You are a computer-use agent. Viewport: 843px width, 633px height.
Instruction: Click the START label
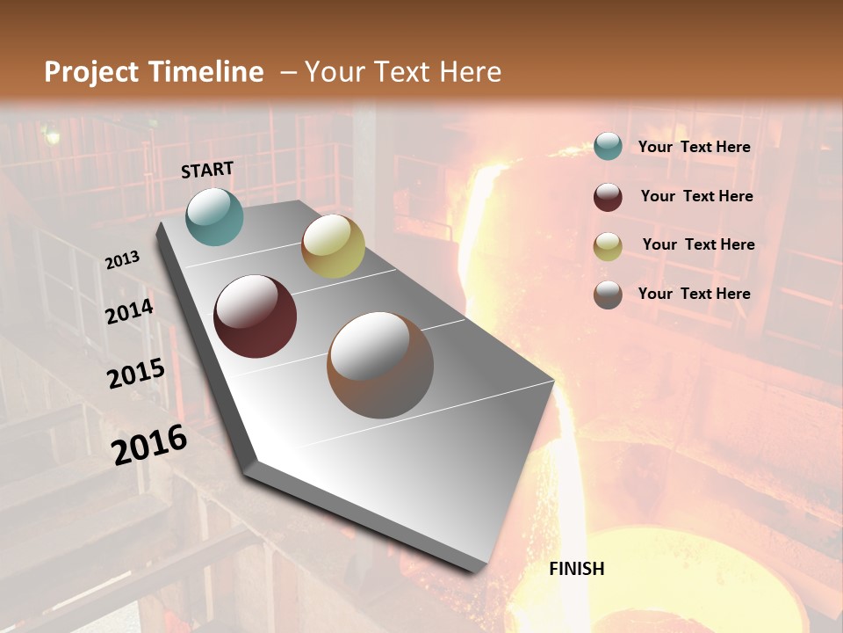pyautogui.click(x=207, y=170)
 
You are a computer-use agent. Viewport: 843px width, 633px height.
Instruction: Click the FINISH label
pyautogui.click(x=576, y=569)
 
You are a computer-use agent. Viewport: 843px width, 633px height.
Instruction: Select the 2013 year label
pyautogui.click(x=122, y=259)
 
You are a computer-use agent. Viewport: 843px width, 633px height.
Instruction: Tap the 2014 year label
pyautogui.click(x=129, y=311)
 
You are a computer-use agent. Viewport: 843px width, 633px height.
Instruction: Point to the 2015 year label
pyautogui.click(x=136, y=374)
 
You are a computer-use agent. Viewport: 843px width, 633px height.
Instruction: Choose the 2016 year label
pyautogui.click(x=149, y=444)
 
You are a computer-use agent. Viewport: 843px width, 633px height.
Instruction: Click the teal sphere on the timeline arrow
pyautogui.click(x=214, y=216)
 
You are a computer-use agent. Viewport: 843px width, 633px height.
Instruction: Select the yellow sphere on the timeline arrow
pyautogui.click(x=333, y=246)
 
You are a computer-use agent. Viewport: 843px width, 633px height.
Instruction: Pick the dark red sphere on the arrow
pyautogui.click(x=255, y=316)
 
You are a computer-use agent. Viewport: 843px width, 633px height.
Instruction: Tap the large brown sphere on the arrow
pyautogui.click(x=380, y=365)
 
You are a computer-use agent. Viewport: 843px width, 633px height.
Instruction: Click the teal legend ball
pyautogui.click(x=608, y=147)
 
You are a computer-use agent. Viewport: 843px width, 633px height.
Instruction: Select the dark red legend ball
pyautogui.click(x=608, y=196)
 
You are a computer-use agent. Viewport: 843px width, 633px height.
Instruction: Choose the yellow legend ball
pyautogui.click(x=608, y=246)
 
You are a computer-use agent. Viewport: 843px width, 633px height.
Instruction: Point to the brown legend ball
pyautogui.click(x=608, y=295)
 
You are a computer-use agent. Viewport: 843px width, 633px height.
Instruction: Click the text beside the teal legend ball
pyautogui.click(x=694, y=147)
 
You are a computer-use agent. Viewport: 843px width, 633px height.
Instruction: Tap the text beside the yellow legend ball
pyautogui.click(x=698, y=244)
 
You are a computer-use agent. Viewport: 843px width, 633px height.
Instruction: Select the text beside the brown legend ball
pyautogui.click(x=694, y=294)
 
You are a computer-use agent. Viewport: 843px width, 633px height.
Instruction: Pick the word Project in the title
pyautogui.click(x=92, y=72)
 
